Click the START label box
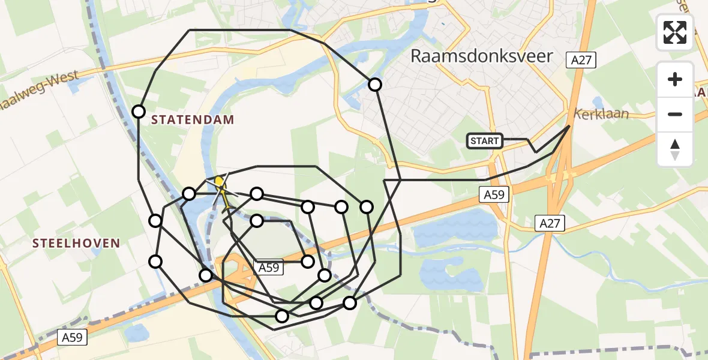[485, 141]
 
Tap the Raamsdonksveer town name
[481, 56]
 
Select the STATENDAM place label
[193, 119]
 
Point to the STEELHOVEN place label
[76, 243]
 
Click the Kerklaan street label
[601, 113]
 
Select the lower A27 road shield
[550, 224]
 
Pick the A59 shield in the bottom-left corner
[73, 338]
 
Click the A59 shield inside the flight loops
[268, 268]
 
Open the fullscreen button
[675, 32]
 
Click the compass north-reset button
[675, 149]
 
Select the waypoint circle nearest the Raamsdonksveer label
[375, 85]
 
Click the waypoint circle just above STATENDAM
[139, 112]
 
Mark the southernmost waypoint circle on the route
[281, 316]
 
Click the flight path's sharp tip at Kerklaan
[569, 126]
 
